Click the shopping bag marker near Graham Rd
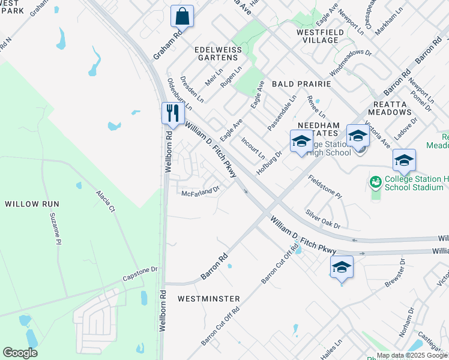pyautogui.click(x=182, y=16)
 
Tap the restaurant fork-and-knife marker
pyautogui.click(x=172, y=113)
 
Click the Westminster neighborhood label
pyautogui.click(x=209, y=299)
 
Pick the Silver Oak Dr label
pyautogui.click(x=322, y=219)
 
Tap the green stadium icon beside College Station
pyautogui.click(x=376, y=181)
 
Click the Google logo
pyautogui.click(x=20, y=353)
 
